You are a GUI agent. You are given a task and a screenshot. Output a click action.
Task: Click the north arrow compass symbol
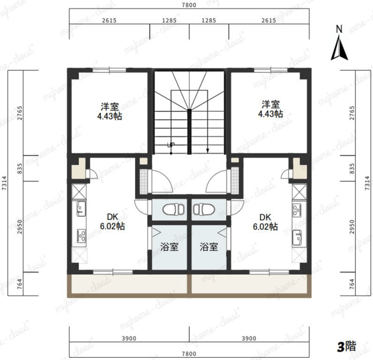339,43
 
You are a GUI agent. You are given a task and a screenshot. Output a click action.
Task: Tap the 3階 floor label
347,347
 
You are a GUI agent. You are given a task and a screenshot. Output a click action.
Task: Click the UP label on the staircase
171,145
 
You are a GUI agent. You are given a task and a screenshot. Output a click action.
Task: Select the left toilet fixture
174,209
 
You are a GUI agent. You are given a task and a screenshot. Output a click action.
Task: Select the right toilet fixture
205,209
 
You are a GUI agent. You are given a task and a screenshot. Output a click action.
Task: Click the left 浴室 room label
169,247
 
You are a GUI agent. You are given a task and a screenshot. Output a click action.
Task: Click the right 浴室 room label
209,247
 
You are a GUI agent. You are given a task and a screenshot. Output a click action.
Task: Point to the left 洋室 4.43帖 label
110,111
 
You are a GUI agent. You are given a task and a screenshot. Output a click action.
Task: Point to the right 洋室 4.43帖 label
270,109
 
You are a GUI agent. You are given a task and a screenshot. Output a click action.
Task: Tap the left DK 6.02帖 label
112,222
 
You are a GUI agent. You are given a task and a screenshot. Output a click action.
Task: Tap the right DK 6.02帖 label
265,222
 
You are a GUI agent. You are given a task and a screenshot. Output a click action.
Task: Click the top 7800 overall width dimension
189,5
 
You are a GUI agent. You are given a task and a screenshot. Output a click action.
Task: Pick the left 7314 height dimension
4,183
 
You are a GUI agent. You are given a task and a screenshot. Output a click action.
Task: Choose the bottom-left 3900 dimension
129,338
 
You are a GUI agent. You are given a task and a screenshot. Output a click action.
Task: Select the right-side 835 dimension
352,169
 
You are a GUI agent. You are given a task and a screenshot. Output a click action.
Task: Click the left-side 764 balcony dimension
20,284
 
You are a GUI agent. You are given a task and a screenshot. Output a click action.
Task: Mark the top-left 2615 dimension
109,20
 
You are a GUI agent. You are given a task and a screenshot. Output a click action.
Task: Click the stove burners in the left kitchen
82,235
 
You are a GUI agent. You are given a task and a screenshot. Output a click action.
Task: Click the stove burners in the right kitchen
297,209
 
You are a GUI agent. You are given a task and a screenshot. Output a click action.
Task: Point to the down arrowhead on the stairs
207,151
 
